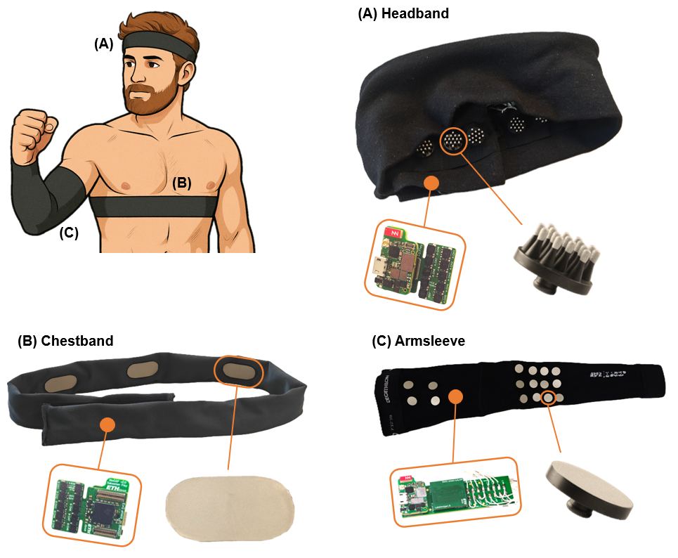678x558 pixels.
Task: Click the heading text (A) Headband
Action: [403, 13]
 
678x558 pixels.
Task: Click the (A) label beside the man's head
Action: [103, 44]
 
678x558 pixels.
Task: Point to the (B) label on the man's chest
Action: [182, 183]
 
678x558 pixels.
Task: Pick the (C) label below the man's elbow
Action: [68, 233]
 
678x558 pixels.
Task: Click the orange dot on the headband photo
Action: [432, 183]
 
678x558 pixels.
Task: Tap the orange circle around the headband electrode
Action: [453, 141]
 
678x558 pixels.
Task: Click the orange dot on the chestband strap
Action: [107, 424]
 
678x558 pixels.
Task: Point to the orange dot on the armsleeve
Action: [455, 397]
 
